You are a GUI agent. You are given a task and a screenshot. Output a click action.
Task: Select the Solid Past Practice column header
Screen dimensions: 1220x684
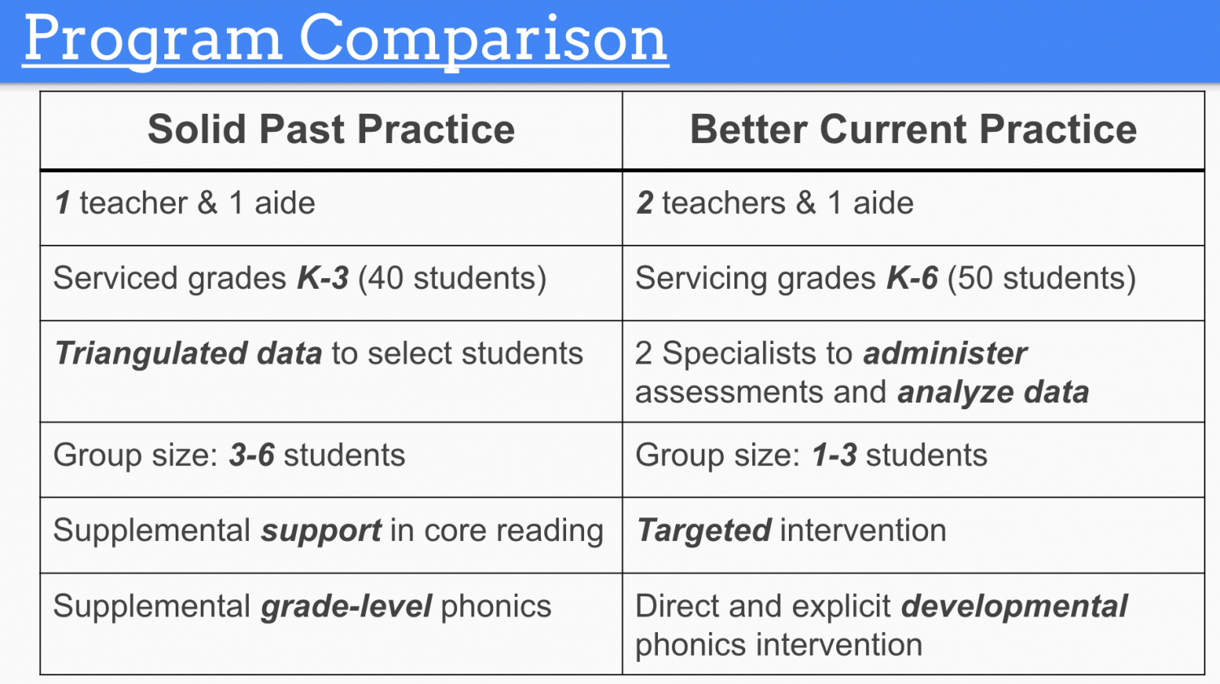[x=331, y=129]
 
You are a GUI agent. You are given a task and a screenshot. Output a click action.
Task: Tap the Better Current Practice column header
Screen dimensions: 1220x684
[x=913, y=129]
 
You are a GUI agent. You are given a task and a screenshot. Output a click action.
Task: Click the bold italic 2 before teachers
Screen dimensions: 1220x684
[x=645, y=203]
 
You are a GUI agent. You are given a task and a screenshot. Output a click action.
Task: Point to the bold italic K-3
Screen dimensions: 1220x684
[x=322, y=278]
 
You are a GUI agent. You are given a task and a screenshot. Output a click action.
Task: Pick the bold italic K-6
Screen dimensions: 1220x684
[x=913, y=278]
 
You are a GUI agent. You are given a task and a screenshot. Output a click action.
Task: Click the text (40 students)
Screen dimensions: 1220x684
[x=452, y=279]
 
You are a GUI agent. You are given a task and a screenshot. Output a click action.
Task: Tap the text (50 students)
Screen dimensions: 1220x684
[x=1042, y=279]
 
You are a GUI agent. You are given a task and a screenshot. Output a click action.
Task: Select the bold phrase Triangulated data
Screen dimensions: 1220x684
[x=189, y=354]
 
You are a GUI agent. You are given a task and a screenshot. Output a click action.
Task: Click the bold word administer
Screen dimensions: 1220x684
[x=945, y=354]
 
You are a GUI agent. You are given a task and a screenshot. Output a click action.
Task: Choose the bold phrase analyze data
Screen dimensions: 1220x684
[x=993, y=393]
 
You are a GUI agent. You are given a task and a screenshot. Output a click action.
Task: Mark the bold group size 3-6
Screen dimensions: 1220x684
[x=251, y=455]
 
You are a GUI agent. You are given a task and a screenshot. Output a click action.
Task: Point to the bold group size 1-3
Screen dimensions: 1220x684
[x=834, y=455]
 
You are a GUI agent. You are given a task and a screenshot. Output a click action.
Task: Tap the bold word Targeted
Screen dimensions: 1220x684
[x=704, y=531]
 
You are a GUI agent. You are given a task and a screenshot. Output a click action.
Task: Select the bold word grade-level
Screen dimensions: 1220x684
[x=346, y=607]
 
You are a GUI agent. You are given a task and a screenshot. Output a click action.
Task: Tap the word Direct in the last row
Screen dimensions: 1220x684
[x=677, y=606]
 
